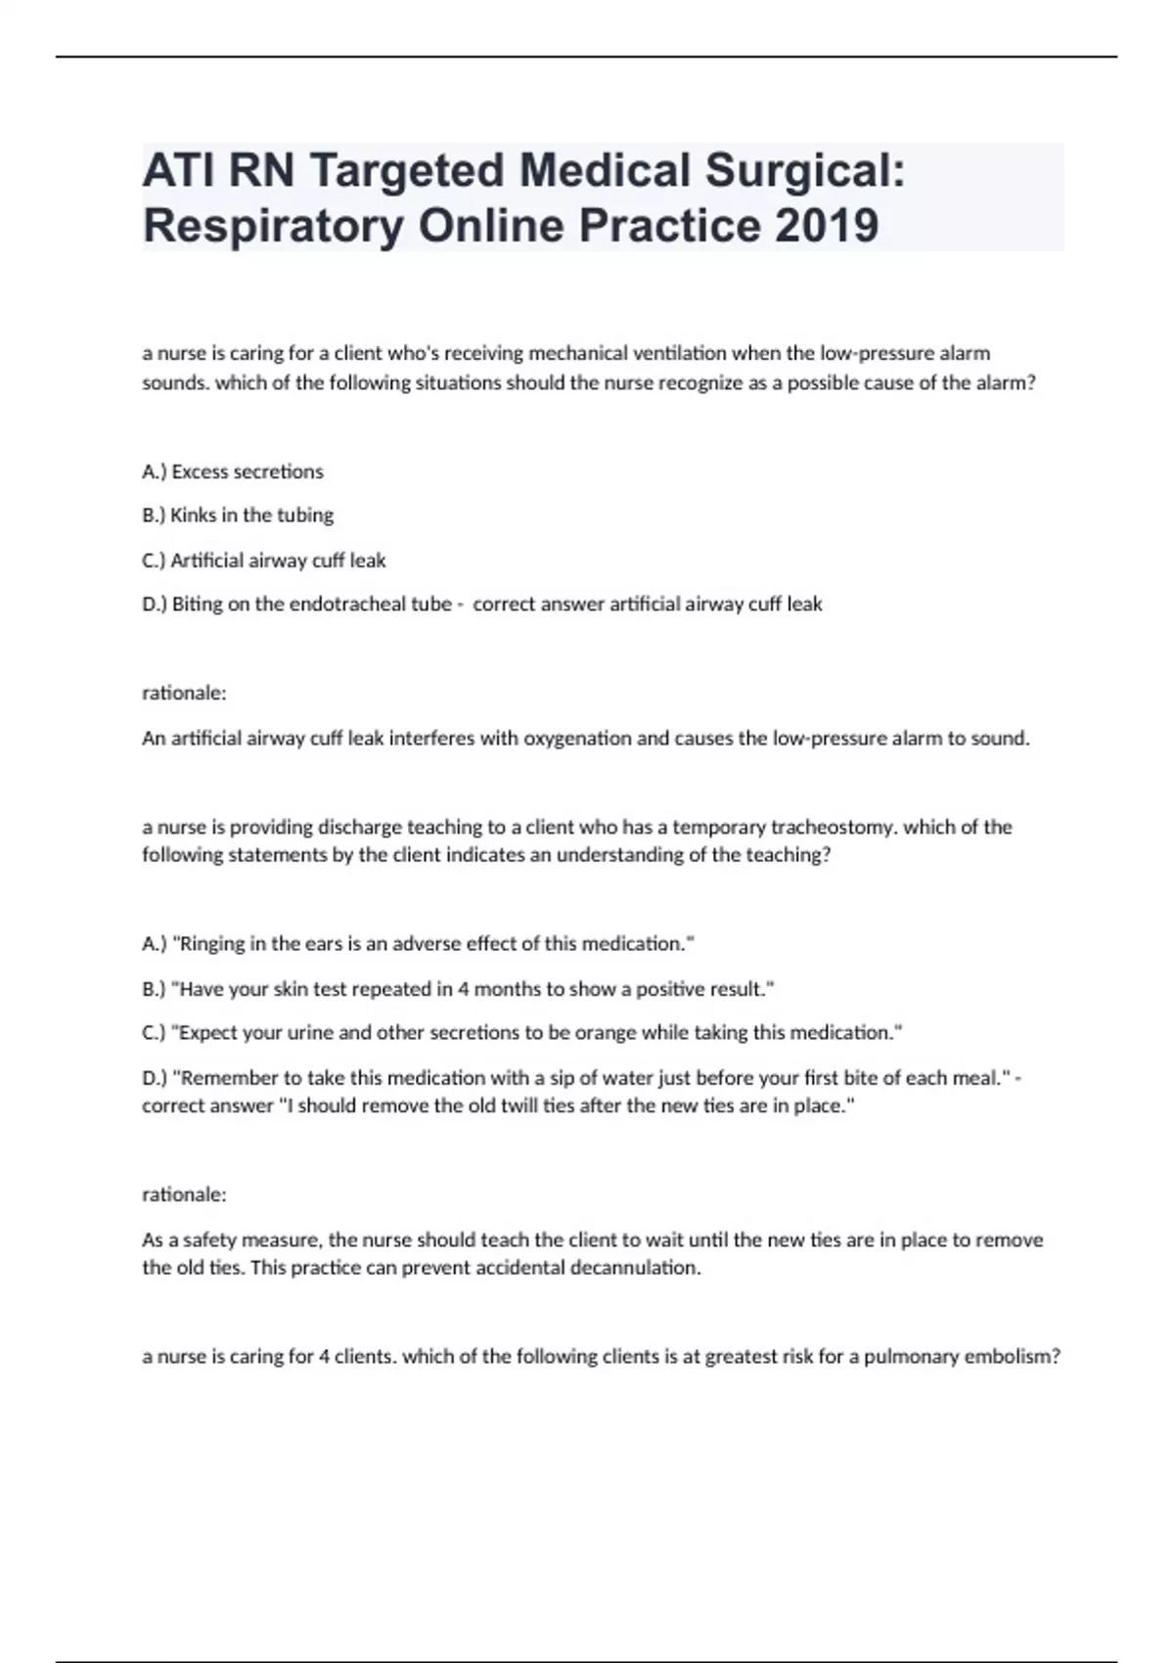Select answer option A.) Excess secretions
233,472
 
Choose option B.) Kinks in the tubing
238,515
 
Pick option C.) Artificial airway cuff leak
264,561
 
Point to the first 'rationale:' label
184,693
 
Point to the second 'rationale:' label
184,1194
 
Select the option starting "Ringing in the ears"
419,944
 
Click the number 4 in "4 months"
464,989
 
